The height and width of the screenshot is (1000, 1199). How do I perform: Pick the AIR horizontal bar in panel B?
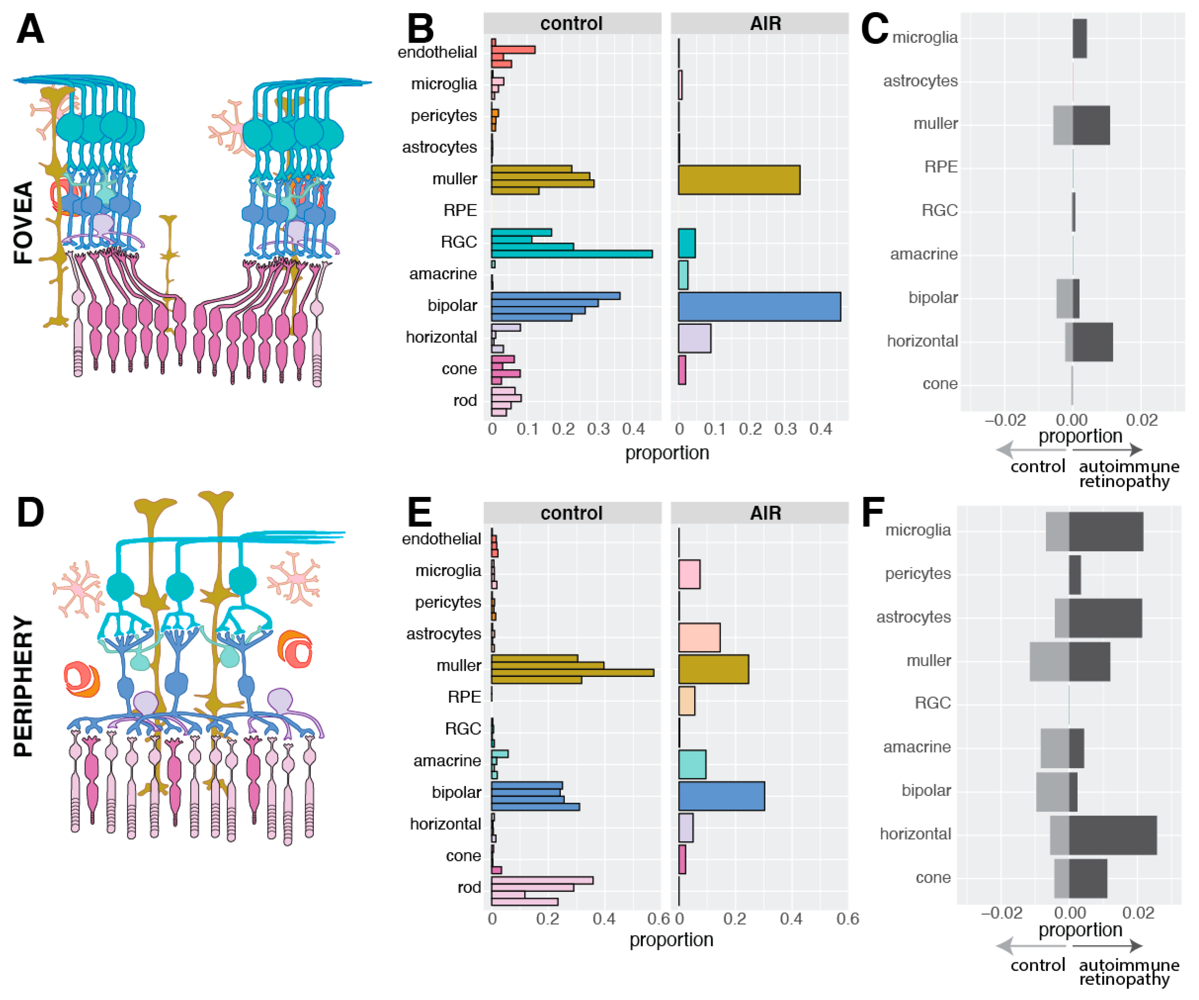(694, 338)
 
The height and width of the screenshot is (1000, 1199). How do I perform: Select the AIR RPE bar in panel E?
(686, 700)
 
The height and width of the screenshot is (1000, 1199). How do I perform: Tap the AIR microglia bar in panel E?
(689, 574)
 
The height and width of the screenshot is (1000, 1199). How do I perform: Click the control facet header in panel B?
(571, 23)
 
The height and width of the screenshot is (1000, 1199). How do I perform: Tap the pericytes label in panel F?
(918, 573)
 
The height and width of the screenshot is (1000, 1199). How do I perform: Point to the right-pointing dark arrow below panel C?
(1108, 450)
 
